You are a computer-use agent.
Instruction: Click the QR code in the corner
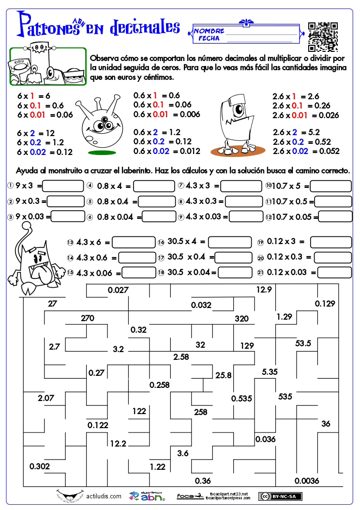[x=323, y=37]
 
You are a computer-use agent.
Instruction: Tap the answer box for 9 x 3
[x=64, y=186]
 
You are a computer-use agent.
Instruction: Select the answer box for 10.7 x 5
[x=331, y=186]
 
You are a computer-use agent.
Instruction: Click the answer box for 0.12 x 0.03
[x=331, y=272]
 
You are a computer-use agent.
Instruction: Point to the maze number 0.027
[x=118, y=290]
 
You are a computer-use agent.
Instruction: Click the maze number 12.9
[x=264, y=290]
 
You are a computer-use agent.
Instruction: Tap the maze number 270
[x=88, y=318]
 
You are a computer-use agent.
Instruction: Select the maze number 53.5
[x=303, y=343]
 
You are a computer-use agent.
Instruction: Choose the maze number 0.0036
[x=307, y=480]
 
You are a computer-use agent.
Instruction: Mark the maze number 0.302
[x=40, y=466]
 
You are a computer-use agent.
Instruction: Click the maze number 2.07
[x=46, y=399]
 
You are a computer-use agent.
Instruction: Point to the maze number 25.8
[x=224, y=375]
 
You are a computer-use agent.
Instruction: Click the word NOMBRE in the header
[x=209, y=31]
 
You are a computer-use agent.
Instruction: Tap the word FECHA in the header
[x=209, y=38]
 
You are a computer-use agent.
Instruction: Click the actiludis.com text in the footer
[x=104, y=496]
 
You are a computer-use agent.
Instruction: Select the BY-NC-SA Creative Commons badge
[x=280, y=496]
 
